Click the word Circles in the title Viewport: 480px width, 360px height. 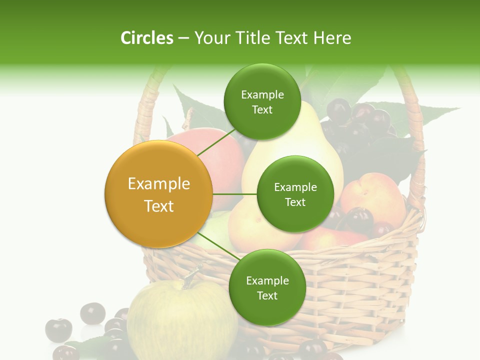pos(146,38)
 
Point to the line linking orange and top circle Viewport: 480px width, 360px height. pos(216,142)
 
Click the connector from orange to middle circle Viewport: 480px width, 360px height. pos(234,194)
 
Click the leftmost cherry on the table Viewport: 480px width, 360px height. pos(58,329)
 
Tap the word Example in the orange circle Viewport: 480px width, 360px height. pos(159,184)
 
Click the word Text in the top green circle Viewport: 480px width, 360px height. pos(262,110)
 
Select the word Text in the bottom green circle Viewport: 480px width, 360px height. pos(267,296)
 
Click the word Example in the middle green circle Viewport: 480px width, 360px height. pos(295,187)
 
